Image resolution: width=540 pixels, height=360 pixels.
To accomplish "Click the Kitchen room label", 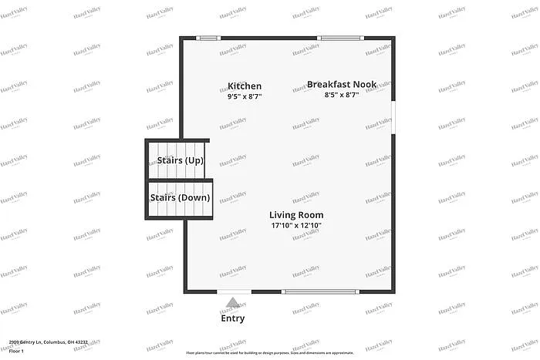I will click(245, 86).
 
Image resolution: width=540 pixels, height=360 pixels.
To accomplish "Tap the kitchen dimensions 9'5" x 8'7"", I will click(245, 97).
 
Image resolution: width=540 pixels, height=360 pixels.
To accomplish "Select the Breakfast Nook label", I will click(342, 84).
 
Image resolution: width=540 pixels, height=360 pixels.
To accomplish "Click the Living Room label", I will click(296, 214).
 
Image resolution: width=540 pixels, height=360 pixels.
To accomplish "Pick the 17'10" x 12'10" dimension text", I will click(296, 226).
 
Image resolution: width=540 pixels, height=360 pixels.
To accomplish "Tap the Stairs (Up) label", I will click(180, 160).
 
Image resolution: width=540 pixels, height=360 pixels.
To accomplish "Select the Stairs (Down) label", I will click(180, 197).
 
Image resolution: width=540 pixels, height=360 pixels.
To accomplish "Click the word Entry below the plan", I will click(233, 318).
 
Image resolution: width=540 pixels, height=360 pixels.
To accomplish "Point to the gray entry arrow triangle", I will click(233, 303).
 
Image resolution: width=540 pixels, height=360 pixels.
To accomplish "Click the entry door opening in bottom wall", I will click(233, 291).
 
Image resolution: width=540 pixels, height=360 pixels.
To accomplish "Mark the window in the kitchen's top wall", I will click(208, 38).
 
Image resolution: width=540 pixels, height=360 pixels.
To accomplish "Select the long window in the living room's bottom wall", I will click(319, 291).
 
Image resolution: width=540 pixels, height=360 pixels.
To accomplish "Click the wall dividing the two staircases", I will click(179, 179).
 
